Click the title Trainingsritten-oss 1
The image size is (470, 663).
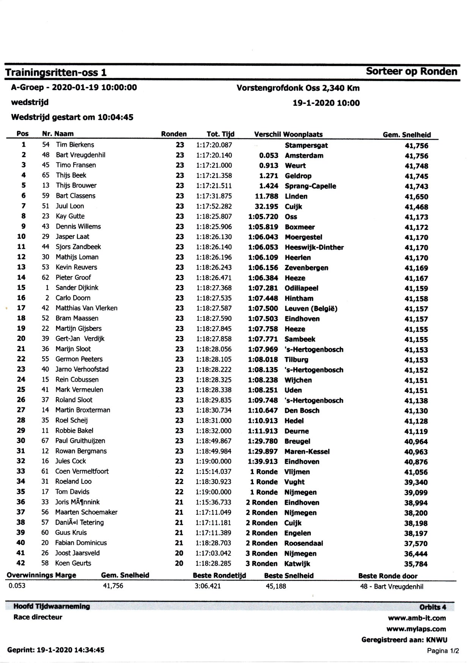click(56, 73)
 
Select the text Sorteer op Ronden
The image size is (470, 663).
click(412, 72)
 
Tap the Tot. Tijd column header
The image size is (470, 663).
click(220, 134)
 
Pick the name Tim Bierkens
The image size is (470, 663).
click(75, 145)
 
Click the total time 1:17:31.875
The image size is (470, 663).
click(214, 196)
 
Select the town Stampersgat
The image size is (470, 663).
click(306, 145)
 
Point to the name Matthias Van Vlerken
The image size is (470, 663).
click(86, 308)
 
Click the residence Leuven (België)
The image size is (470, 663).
click(311, 309)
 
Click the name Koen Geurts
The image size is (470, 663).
click(73, 563)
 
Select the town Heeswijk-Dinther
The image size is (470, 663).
click(314, 247)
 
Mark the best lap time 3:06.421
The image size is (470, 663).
click(207, 586)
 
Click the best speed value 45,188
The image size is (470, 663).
click(276, 586)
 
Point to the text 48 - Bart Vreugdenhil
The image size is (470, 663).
click(391, 587)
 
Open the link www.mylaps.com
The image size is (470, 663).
click(416, 629)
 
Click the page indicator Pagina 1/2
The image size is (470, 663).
click(443, 651)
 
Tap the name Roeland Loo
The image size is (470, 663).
click(74, 482)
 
